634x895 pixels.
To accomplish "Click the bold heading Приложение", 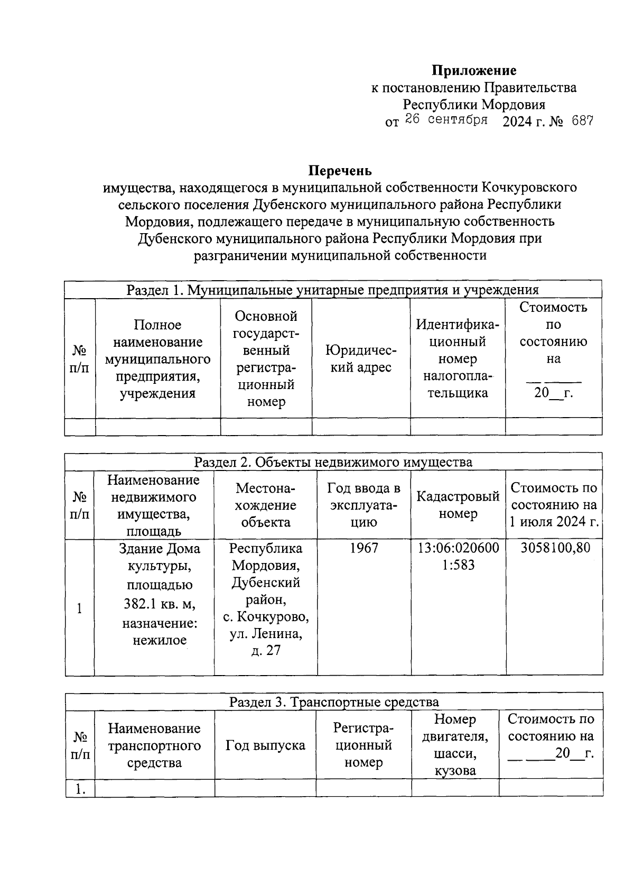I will point(474,70).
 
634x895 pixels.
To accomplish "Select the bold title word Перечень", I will point(340,171).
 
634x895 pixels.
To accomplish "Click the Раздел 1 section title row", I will point(332,290).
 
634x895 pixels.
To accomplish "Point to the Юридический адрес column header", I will point(361,359).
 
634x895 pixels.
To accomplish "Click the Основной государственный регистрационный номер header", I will point(266,359).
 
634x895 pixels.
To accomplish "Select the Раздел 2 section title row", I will point(333,462).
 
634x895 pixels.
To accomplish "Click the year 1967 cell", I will point(364,548).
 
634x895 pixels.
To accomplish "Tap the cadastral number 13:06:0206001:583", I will point(458,556).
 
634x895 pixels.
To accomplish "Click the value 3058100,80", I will point(555,548).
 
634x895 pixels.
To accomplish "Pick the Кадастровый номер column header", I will point(458,505).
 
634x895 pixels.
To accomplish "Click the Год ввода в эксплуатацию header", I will point(363,505).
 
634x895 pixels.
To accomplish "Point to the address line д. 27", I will point(266,651).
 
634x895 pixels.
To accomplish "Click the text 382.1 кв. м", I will point(160,603).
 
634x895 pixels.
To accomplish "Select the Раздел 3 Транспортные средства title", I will point(334,702).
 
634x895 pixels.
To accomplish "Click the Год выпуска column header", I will point(265,745).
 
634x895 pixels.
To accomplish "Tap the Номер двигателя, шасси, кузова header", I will point(455,744).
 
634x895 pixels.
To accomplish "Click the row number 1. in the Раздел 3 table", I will point(80,789).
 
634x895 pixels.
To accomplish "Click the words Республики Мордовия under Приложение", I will point(474,104).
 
